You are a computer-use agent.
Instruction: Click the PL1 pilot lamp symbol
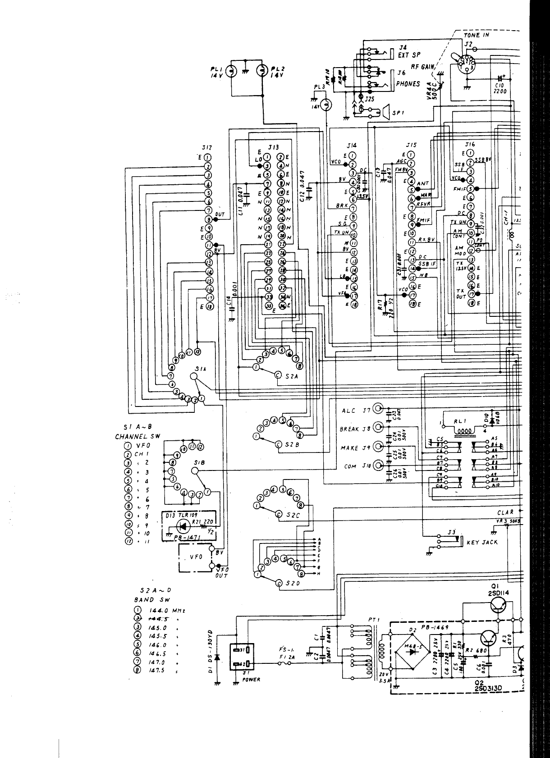point(231,71)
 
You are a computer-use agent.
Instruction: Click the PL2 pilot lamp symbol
point(262,71)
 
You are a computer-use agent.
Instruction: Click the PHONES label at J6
point(408,84)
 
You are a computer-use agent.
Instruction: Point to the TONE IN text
point(476,35)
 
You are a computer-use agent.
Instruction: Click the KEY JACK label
point(482,542)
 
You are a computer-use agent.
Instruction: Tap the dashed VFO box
point(196,558)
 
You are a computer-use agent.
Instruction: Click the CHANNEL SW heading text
point(137,437)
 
